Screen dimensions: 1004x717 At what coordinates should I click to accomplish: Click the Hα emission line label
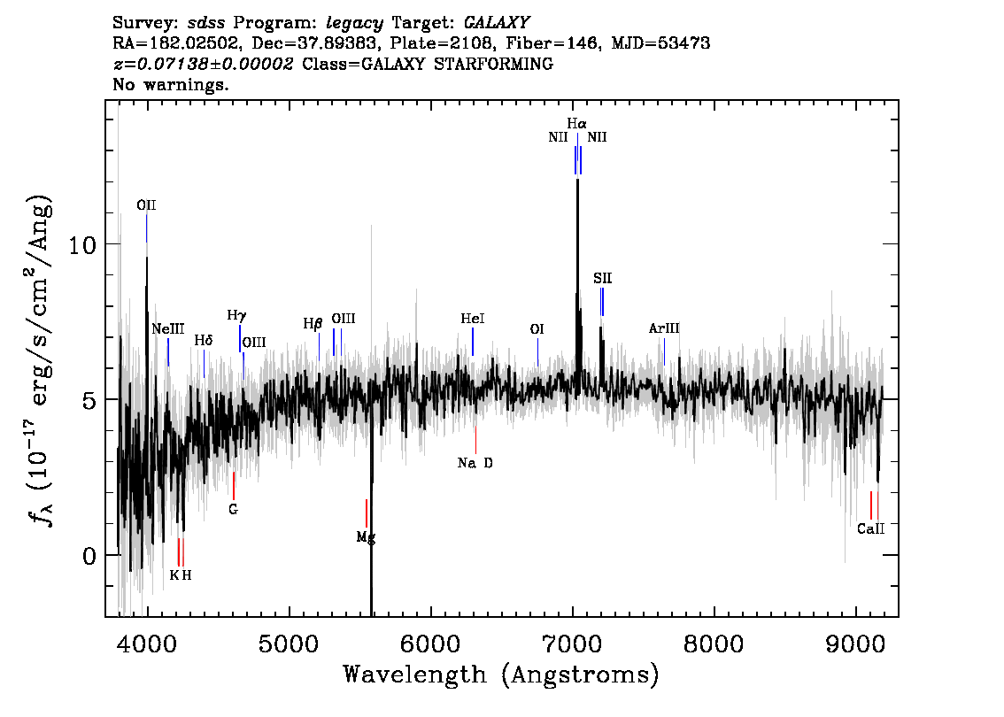[x=576, y=123]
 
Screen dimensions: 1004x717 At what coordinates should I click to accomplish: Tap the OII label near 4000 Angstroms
[x=146, y=204]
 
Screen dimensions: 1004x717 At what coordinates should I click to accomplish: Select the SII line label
[x=602, y=278]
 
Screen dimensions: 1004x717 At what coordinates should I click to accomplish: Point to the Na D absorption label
[x=475, y=463]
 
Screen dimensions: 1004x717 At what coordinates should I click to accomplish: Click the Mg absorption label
[x=366, y=537]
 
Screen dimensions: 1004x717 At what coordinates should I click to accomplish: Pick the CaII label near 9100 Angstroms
[x=870, y=528]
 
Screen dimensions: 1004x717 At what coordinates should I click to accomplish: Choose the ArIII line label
[x=664, y=328]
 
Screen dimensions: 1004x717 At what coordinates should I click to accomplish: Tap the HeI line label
[x=473, y=318]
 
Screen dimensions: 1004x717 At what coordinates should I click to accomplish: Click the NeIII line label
[x=167, y=329]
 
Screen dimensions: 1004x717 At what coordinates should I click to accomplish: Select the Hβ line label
[x=313, y=324]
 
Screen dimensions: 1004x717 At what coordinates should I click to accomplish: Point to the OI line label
[x=537, y=329]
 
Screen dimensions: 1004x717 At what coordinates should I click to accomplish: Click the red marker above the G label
[x=234, y=486]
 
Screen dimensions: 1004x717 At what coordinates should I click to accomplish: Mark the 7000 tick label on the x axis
[x=572, y=644]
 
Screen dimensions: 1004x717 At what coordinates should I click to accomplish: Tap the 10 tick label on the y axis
[x=82, y=244]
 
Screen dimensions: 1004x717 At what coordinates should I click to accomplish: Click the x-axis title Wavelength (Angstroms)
[x=501, y=675]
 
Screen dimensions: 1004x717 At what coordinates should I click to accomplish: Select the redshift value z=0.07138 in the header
[x=203, y=64]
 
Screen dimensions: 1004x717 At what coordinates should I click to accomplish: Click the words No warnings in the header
[x=170, y=84]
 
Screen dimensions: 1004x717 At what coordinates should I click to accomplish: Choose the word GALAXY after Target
[x=496, y=23]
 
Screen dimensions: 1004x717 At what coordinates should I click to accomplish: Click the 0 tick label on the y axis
[x=89, y=556]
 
